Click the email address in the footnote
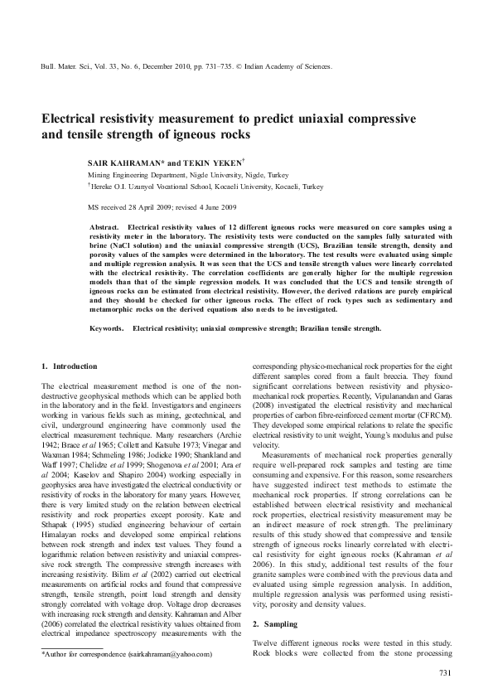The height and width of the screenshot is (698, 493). point(171,654)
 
